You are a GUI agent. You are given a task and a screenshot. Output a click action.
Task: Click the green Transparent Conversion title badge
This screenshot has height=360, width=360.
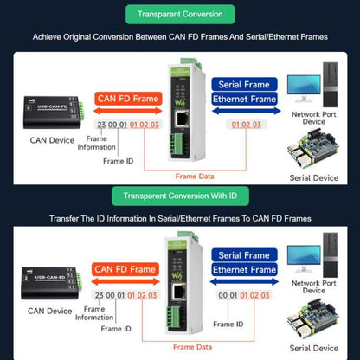[x=180, y=15]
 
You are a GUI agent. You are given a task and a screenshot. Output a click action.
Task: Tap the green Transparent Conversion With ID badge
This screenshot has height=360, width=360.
[x=180, y=196]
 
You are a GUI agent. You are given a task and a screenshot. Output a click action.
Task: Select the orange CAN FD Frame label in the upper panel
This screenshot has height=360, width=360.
[x=128, y=99]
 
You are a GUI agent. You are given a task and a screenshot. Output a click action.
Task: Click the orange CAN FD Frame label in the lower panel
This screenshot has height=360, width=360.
[x=125, y=269]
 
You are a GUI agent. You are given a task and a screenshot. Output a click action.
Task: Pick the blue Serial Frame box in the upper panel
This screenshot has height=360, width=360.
[x=244, y=84]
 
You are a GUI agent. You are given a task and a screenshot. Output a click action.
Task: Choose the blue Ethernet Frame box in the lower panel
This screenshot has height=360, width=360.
[x=244, y=269]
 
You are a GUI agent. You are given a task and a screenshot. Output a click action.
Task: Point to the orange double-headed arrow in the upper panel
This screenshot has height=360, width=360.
[x=128, y=111]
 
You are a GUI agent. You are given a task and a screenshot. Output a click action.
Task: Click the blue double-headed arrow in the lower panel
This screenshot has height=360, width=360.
[x=245, y=281]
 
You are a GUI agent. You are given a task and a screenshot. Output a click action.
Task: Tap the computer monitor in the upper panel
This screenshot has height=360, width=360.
[x=304, y=88]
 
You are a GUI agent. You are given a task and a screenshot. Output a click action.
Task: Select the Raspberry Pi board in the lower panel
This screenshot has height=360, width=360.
[x=313, y=320]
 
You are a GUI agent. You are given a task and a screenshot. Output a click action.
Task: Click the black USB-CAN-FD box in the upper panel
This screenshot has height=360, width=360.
[x=53, y=112]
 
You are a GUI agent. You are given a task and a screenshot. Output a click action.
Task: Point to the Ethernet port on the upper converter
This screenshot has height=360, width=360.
[x=182, y=119]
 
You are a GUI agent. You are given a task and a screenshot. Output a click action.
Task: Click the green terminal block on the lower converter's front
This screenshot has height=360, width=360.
[x=174, y=318]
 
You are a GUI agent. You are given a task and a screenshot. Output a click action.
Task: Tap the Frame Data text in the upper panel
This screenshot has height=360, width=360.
[x=195, y=177]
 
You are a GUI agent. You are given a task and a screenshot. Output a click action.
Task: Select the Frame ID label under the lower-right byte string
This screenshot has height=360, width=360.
[x=228, y=325]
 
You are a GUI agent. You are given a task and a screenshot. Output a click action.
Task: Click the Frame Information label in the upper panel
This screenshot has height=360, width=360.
[x=96, y=143]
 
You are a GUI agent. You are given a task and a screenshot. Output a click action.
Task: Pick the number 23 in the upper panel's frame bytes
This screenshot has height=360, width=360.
[x=101, y=125]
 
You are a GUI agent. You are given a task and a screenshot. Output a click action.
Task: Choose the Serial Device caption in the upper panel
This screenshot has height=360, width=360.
[x=314, y=177]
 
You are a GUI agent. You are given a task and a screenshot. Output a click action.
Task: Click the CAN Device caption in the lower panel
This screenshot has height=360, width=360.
[x=50, y=311]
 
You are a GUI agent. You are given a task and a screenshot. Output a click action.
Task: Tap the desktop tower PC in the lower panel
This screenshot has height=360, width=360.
[x=331, y=255]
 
